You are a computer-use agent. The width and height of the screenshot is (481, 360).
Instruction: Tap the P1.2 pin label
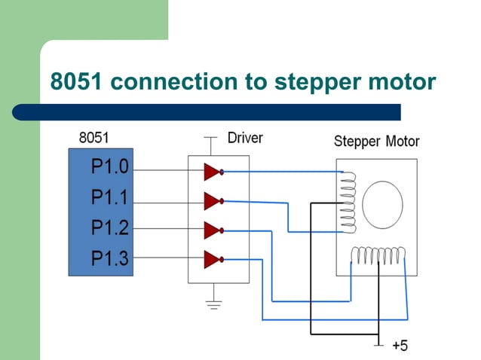coord(110,227)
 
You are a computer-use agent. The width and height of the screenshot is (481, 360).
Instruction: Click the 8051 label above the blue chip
coord(93,139)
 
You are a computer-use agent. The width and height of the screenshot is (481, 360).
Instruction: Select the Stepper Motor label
coord(376,142)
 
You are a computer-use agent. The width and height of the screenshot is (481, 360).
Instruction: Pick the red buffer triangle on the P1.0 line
coord(212,172)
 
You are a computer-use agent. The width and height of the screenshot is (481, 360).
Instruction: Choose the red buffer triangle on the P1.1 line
coord(212,200)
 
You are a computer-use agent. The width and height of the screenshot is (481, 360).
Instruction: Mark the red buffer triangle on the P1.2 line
coord(212,230)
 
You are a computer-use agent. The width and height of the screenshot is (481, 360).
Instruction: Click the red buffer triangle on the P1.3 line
coord(212,260)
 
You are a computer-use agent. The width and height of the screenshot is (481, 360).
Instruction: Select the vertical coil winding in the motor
coord(348,202)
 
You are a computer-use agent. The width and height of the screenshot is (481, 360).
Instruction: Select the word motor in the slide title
coord(402,81)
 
